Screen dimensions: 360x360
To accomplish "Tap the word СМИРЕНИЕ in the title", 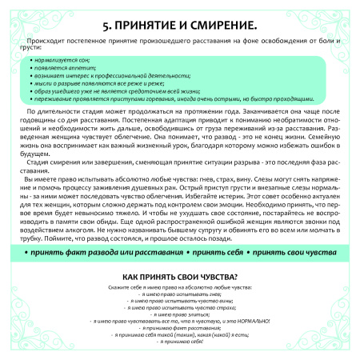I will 218,25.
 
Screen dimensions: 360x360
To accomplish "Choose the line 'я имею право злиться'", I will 180,326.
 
